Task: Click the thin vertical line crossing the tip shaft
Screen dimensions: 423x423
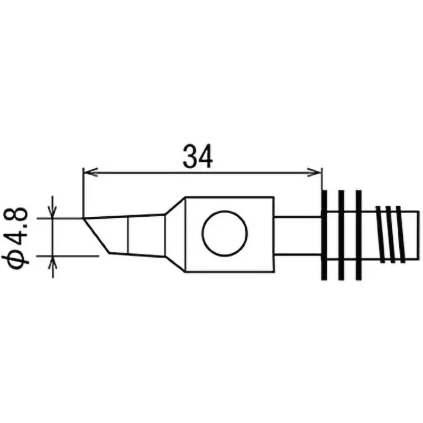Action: click(x=128, y=236)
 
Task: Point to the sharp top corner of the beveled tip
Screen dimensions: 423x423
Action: click(x=84, y=218)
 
